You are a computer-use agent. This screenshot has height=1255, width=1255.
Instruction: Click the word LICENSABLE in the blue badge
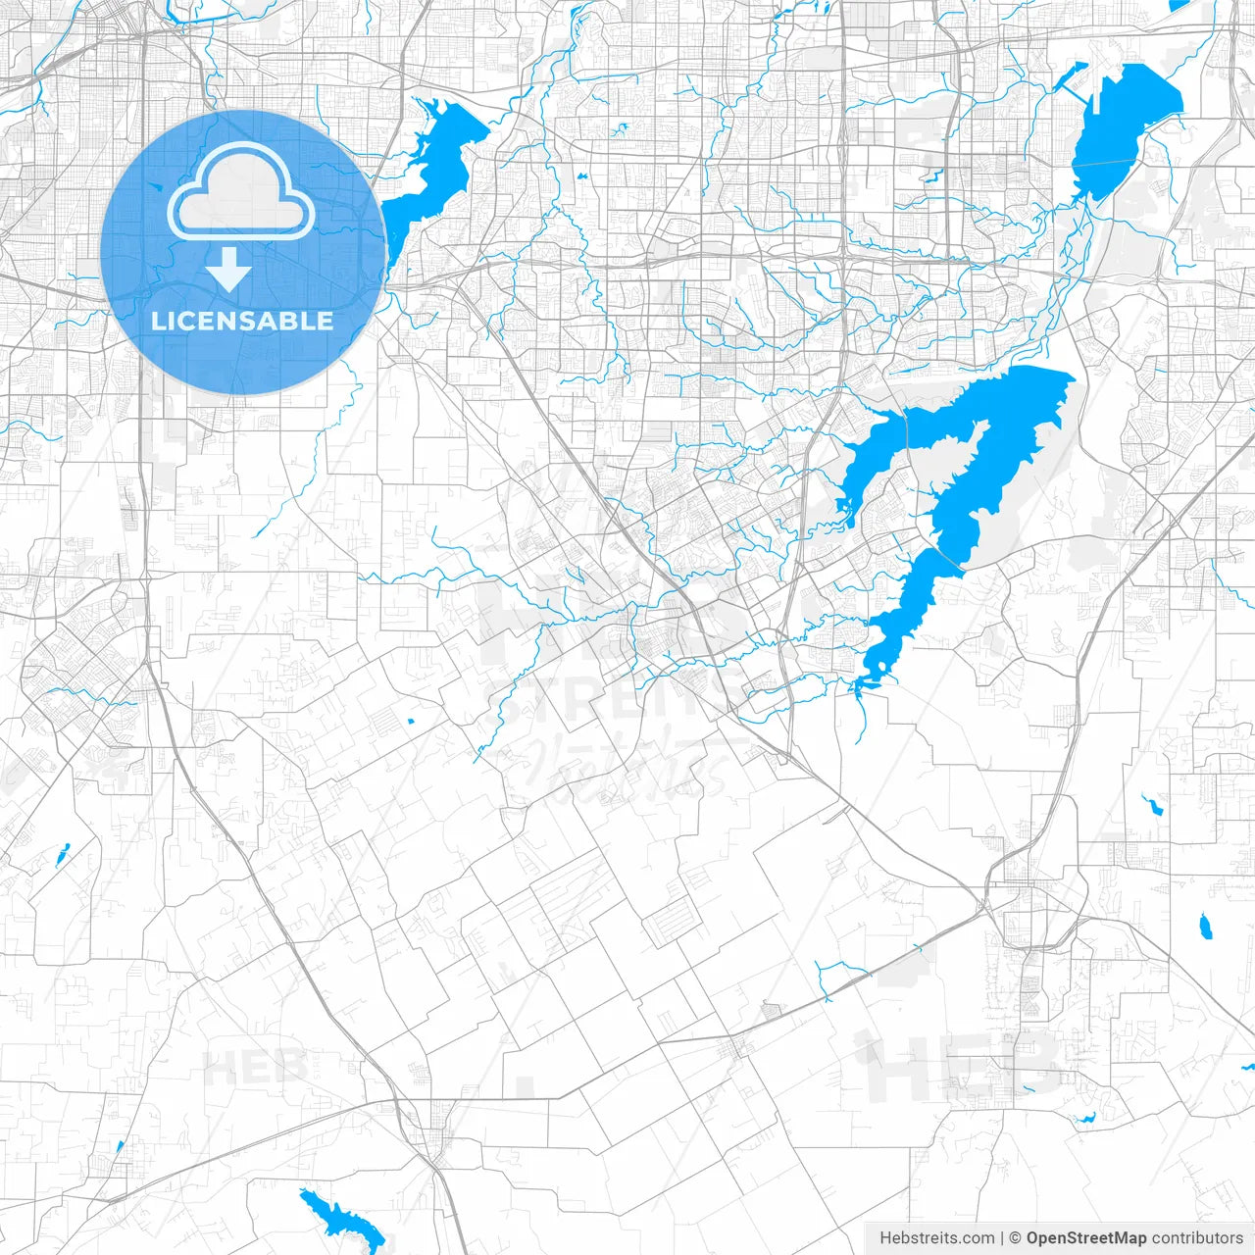point(242,321)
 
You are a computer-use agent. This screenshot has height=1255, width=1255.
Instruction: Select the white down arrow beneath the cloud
point(229,269)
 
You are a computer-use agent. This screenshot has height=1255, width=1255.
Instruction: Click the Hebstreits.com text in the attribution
point(936,1238)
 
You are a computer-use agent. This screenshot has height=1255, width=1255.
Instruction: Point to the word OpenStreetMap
point(1085,1238)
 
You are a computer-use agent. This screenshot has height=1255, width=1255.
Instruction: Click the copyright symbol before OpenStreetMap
point(1016,1238)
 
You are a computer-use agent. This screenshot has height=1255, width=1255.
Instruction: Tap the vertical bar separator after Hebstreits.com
point(1002,1238)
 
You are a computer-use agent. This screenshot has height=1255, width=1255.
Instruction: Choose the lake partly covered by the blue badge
point(431,157)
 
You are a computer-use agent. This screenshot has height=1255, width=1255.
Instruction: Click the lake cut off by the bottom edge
point(338,1221)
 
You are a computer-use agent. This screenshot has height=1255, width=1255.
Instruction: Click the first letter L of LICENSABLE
point(157,321)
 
